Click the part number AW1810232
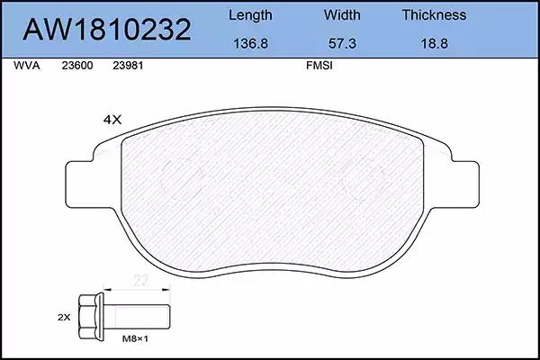pos(107,30)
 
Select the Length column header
pos(250,15)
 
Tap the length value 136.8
pos(251,43)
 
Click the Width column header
pos(342,14)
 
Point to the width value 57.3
pos(342,43)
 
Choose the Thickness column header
pos(434,14)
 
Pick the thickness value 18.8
pos(435,43)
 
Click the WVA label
pos(27,66)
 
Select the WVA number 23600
pos(77,66)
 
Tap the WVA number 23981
pos(128,66)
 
